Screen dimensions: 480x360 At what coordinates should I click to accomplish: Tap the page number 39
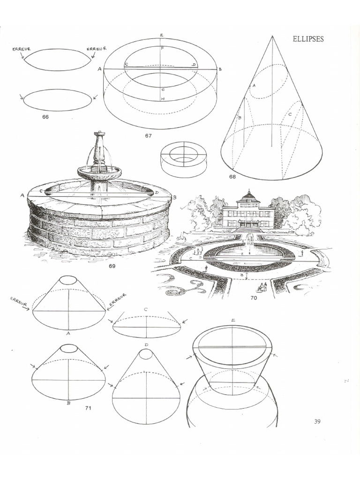coord(317,421)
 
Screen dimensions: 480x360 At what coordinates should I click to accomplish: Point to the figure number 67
coord(148,135)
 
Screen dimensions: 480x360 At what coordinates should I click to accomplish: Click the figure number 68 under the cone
coord(232,177)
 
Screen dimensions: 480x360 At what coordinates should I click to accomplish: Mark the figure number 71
coord(88,408)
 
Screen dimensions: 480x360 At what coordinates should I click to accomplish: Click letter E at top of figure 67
coord(161,36)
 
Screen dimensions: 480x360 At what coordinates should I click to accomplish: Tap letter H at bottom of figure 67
coord(162,99)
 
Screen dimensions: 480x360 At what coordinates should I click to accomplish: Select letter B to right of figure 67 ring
coord(220,69)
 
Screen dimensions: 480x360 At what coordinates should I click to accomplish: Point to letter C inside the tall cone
coord(290,114)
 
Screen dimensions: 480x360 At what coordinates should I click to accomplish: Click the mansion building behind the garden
coord(248,213)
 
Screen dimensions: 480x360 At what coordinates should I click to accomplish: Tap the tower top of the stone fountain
coord(99,135)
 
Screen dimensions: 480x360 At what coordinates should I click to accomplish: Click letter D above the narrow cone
coord(147,345)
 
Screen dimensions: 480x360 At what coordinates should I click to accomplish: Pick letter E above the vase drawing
coord(233,320)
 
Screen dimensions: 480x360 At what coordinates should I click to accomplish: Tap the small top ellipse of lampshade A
coord(68,279)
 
